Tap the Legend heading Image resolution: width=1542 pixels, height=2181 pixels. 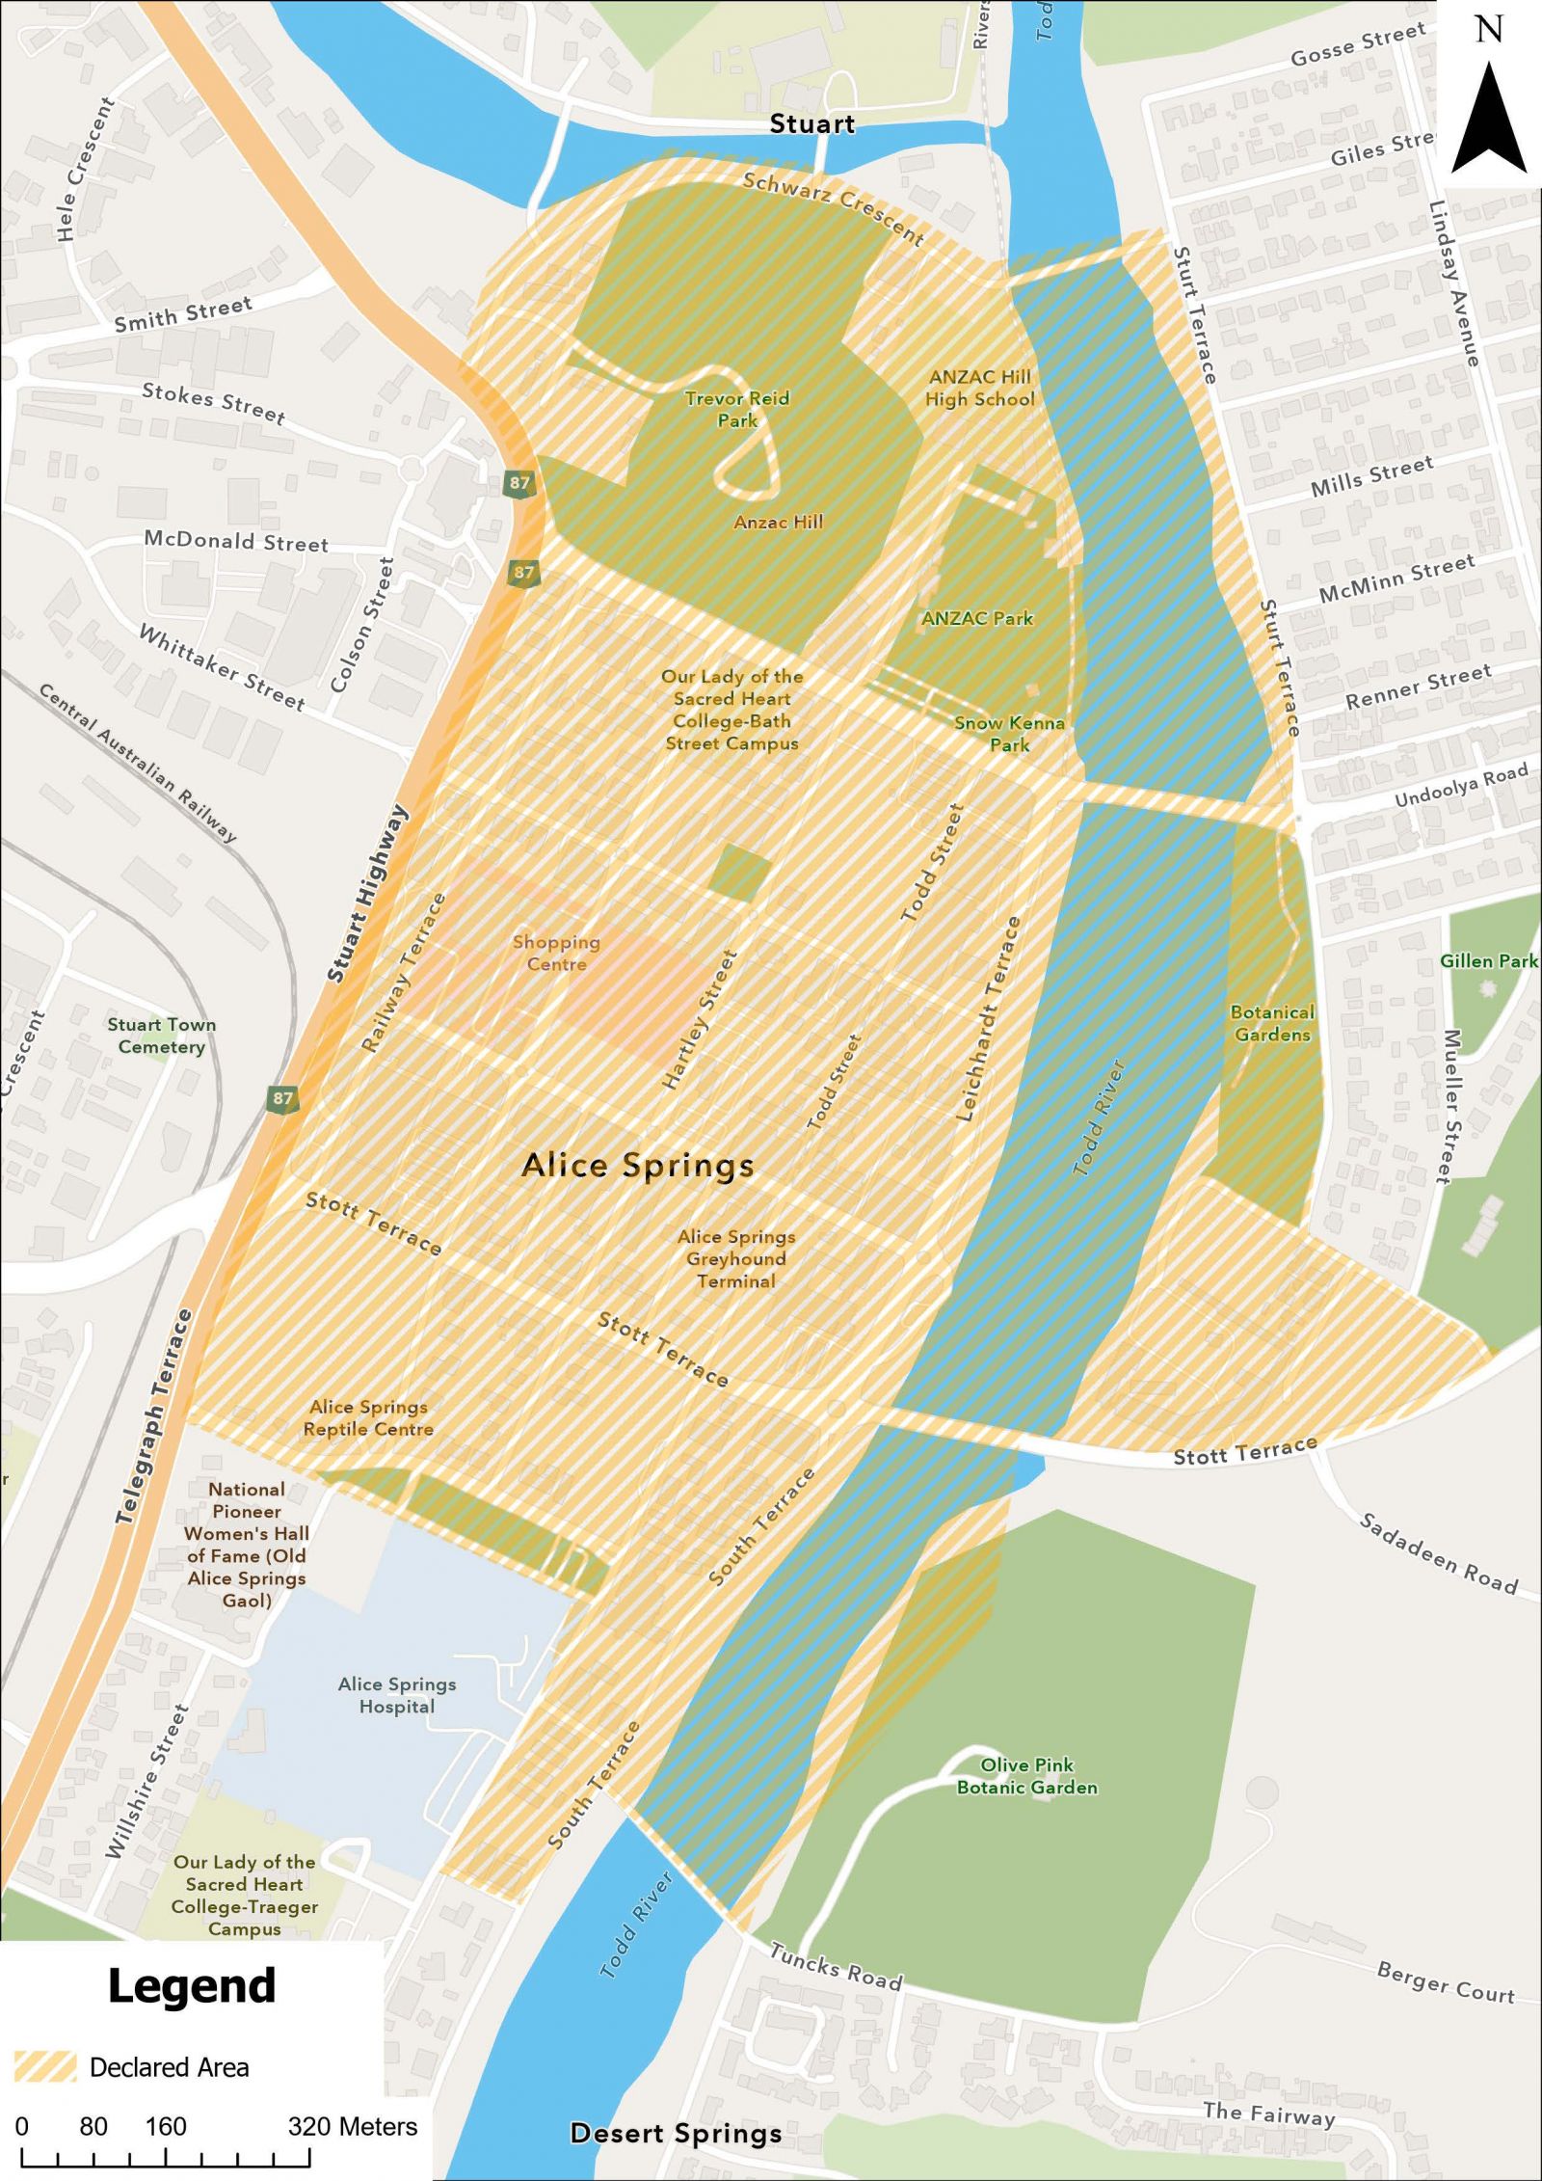(x=191, y=1987)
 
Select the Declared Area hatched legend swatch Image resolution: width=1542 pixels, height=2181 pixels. (x=45, y=2067)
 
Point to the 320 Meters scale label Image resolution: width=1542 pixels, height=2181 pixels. (x=352, y=2127)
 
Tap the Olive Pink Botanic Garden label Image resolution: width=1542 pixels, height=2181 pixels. (x=1026, y=1776)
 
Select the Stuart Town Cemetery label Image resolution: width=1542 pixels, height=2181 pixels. (x=161, y=1036)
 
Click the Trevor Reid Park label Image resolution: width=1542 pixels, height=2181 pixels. (x=737, y=409)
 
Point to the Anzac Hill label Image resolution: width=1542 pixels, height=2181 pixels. (x=778, y=523)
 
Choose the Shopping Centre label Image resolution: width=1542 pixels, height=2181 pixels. (x=556, y=953)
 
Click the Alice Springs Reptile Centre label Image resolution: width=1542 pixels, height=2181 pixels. (x=368, y=1418)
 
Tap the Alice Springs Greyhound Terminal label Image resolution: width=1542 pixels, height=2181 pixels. (x=736, y=1258)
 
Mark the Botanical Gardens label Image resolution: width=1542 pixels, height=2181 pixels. (x=1272, y=1023)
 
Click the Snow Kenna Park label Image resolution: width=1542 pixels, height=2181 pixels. (x=1009, y=733)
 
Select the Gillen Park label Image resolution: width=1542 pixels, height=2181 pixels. (x=1488, y=960)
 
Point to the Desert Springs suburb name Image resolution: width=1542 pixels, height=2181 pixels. (x=676, y=2134)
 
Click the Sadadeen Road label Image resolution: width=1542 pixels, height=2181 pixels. (x=1438, y=1553)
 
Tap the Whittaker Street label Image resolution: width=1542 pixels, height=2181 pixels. (x=222, y=667)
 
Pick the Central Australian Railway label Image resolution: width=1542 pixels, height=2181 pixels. (x=137, y=762)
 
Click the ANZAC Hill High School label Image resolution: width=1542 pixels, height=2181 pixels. (x=979, y=388)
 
